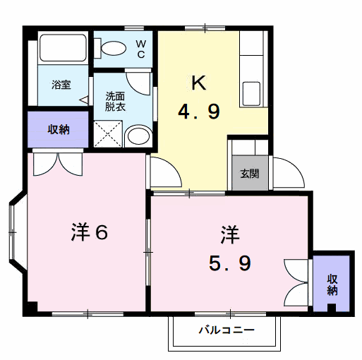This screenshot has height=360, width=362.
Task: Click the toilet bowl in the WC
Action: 112,48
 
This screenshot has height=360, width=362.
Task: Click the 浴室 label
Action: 60,85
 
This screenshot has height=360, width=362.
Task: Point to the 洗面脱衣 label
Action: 115,100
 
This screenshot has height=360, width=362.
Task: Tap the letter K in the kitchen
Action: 199,83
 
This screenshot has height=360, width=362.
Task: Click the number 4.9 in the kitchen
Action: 198,112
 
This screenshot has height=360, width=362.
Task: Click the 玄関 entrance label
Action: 249,174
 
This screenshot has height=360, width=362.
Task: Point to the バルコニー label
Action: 226,329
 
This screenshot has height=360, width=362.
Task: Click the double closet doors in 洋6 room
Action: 59,162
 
